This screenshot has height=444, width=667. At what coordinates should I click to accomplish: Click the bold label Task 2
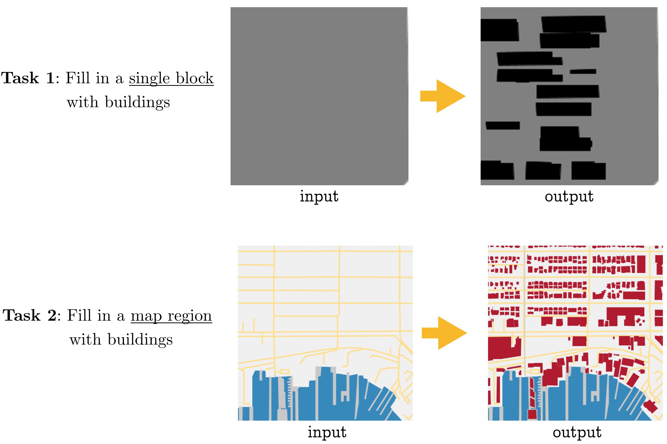tap(30, 316)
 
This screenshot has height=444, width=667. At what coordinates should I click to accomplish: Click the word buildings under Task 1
tap(137, 103)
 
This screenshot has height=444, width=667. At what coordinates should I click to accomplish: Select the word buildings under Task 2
tap(140, 340)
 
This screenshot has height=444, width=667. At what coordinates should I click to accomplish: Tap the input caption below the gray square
tap(319, 196)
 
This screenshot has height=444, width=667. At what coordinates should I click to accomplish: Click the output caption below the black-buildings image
tap(569, 196)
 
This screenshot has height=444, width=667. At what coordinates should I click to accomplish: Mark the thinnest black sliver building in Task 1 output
tap(583, 72)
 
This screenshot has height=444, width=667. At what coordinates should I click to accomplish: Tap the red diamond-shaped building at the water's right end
tap(650, 407)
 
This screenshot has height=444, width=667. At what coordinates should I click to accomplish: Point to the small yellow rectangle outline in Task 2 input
tap(284, 372)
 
